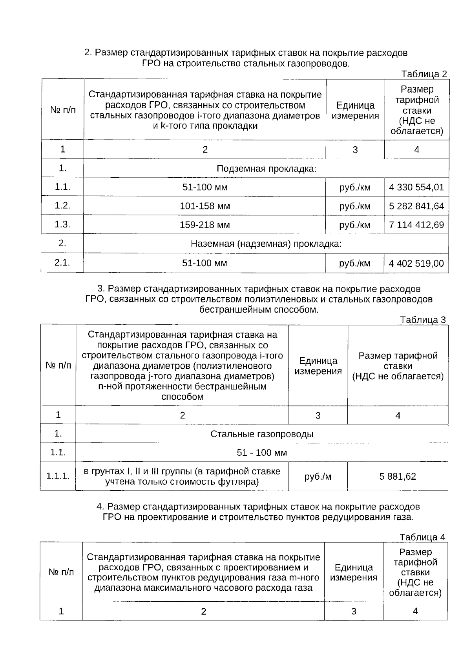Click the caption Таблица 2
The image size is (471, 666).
pyautogui.click(x=424, y=74)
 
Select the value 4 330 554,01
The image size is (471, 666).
pyautogui.click(x=416, y=187)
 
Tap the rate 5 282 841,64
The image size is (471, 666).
pyautogui.click(x=416, y=206)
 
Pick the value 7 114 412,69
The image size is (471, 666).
pyautogui.click(x=416, y=225)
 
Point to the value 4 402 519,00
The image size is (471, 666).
pyautogui.click(x=416, y=263)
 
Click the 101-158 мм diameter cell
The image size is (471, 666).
pyautogui.click(x=205, y=206)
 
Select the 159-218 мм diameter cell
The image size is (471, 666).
pyautogui.click(x=205, y=225)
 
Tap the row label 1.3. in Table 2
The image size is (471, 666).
pyautogui.click(x=62, y=224)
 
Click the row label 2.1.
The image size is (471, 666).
pyautogui.click(x=62, y=262)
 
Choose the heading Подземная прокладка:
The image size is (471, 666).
pyautogui.click(x=267, y=169)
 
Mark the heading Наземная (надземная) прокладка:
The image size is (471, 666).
pyautogui.click(x=266, y=244)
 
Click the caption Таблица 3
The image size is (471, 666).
pyautogui.click(x=423, y=320)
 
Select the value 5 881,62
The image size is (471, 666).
pyautogui.click(x=398, y=477)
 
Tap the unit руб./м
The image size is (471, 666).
pyautogui.click(x=318, y=477)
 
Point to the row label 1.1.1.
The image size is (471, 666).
pyautogui.click(x=58, y=477)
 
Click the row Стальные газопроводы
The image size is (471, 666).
pyautogui.click(x=262, y=434)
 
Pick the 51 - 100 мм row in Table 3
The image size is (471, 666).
pyautogui.click(x=262, y=453)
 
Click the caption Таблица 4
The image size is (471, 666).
pyautogui.click(x=422, y=537)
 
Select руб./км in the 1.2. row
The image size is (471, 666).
pyautogui.click(x=355, y=206)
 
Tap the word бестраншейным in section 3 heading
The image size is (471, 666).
pyautogui.click(x=230, y=309)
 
